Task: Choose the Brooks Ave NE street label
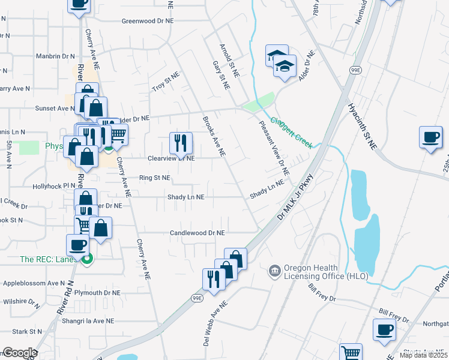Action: click(x=214, y=136)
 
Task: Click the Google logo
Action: click(x=19, y=353)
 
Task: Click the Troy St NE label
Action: click(x=166, y=82)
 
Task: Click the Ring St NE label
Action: click(x=155, y=178)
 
